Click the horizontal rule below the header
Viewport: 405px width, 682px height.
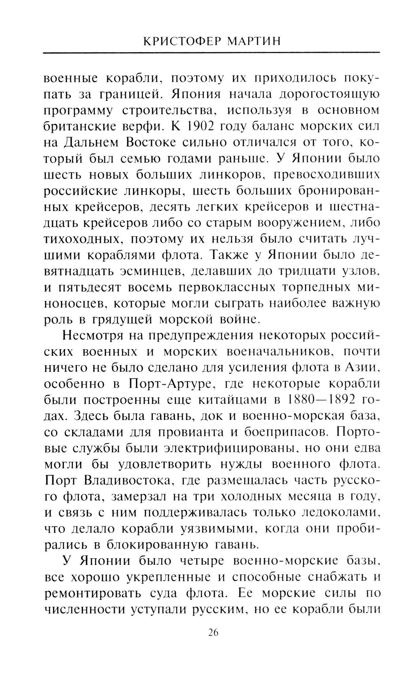coord(211,53)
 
